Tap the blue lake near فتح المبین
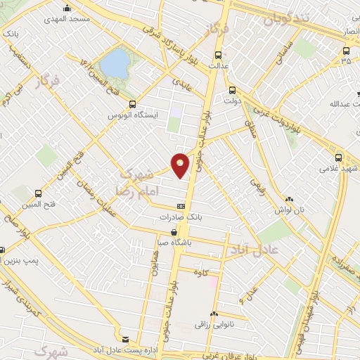[115, 64]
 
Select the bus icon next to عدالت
[219, 56]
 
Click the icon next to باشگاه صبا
[174, 231]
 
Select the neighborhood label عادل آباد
[255, 250]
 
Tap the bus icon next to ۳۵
[346, 50]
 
